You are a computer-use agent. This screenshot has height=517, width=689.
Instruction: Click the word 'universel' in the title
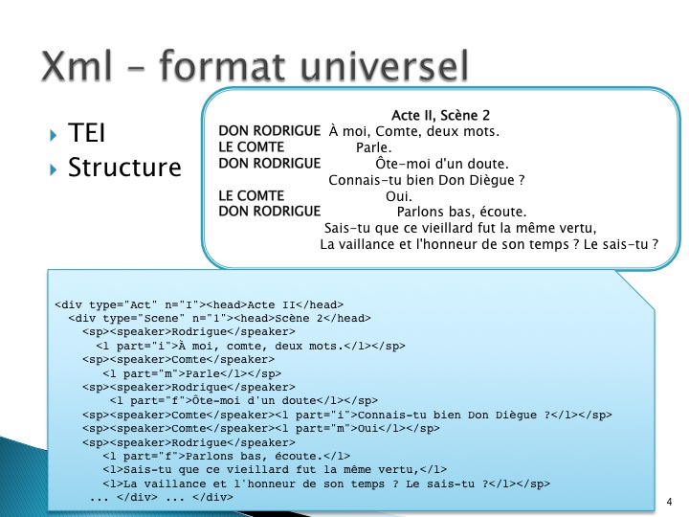(x=384, y=65)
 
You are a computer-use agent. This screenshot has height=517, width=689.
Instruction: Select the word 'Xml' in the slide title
(x=77, y=65)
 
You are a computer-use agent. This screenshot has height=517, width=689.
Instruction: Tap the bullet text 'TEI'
(x=86, y=132)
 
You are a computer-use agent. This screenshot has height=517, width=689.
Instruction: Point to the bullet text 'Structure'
(x=124, y=167)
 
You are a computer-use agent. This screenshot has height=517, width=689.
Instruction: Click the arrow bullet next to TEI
(x=54, y=134)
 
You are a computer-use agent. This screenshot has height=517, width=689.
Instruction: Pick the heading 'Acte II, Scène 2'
(x=440, y=115)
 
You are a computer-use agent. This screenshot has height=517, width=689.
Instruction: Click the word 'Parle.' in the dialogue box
(x=373, y=147)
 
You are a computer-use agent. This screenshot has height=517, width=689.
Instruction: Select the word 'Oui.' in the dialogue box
(x=398, y=196)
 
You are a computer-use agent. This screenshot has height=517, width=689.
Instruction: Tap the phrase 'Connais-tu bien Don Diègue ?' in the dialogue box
(x=426, y=180)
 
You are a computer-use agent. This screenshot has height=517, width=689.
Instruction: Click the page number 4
(x=669, y=502)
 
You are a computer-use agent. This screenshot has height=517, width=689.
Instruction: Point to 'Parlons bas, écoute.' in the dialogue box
(x=461, y=212)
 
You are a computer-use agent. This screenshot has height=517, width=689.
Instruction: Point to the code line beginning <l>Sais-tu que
(x=275, y=470)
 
